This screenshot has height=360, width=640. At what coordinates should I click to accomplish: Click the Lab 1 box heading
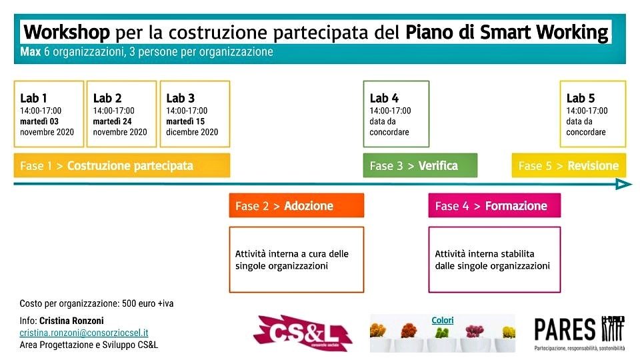point(33,99)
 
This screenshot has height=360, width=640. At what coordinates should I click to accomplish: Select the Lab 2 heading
point(107,99)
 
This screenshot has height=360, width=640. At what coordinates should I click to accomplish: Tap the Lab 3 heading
point(181,99)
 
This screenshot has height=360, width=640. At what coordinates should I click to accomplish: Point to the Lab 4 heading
point(384,99)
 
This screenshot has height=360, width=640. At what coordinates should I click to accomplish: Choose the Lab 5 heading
point(581,99)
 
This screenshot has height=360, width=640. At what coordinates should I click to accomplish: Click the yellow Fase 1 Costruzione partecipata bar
point(121,166)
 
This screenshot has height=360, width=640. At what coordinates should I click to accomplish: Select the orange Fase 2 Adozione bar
point(296,206)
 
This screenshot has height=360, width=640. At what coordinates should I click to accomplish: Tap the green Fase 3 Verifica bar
point(420,166)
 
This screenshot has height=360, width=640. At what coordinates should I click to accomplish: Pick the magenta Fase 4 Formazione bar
point(494,206)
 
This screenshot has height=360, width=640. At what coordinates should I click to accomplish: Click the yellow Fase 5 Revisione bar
point(569,166)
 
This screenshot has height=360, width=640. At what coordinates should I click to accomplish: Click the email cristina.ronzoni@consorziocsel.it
point(84,333)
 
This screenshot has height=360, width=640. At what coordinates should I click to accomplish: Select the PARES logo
point(579,331)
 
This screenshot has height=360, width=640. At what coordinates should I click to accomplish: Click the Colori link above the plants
point(443,321)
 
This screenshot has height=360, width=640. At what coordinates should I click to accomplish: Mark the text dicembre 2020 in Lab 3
point(192,132)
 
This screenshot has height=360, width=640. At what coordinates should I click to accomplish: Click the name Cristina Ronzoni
point(71,321)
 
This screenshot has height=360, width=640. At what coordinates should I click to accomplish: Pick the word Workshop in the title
point(67,32)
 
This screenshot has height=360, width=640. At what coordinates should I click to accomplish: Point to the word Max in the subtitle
point(31,52)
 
